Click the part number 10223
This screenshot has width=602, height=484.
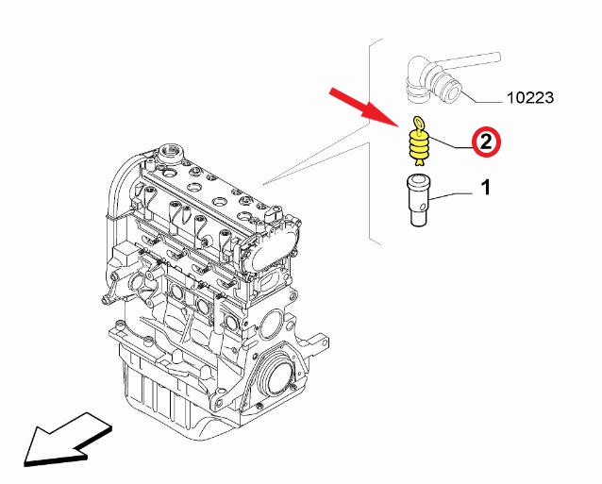530,97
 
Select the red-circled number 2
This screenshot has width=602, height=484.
487,142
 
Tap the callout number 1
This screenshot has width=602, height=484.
486,188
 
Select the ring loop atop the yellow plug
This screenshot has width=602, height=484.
418,123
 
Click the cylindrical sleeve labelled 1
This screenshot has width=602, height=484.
418,201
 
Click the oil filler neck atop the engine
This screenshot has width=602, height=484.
171,153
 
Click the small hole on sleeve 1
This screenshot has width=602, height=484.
423,207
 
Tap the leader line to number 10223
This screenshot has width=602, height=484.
482,95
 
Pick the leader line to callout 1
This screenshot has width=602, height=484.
452,196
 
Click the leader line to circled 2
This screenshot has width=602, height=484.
450,142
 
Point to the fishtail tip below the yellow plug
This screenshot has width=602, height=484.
419,163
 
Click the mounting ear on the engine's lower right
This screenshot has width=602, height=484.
320,342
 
